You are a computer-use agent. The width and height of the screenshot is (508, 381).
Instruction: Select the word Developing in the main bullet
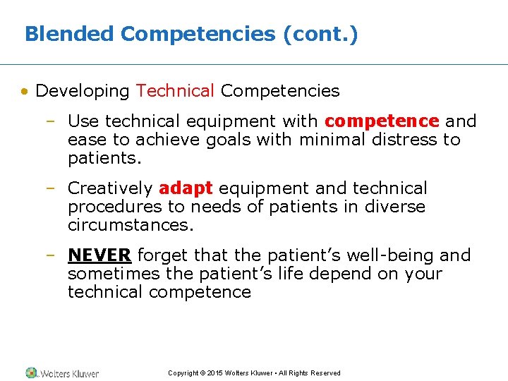coord(83,91)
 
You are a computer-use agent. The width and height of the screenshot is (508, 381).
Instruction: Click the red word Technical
coord(175,91)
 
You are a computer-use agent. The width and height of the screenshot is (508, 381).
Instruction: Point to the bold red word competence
coord(382,121)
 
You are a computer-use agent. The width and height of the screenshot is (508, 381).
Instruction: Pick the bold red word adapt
coord(186,188)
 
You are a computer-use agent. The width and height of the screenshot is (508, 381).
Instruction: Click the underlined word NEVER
coord(99,255)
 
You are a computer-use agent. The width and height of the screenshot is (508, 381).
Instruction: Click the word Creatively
coord(110,188)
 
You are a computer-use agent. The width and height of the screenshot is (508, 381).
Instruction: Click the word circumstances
coord(130,225)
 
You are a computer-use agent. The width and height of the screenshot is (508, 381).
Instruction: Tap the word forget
coord(163,255)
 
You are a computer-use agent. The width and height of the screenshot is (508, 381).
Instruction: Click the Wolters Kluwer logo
coord(62,373)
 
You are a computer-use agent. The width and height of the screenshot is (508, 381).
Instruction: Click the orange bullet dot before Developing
coord(25,92)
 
